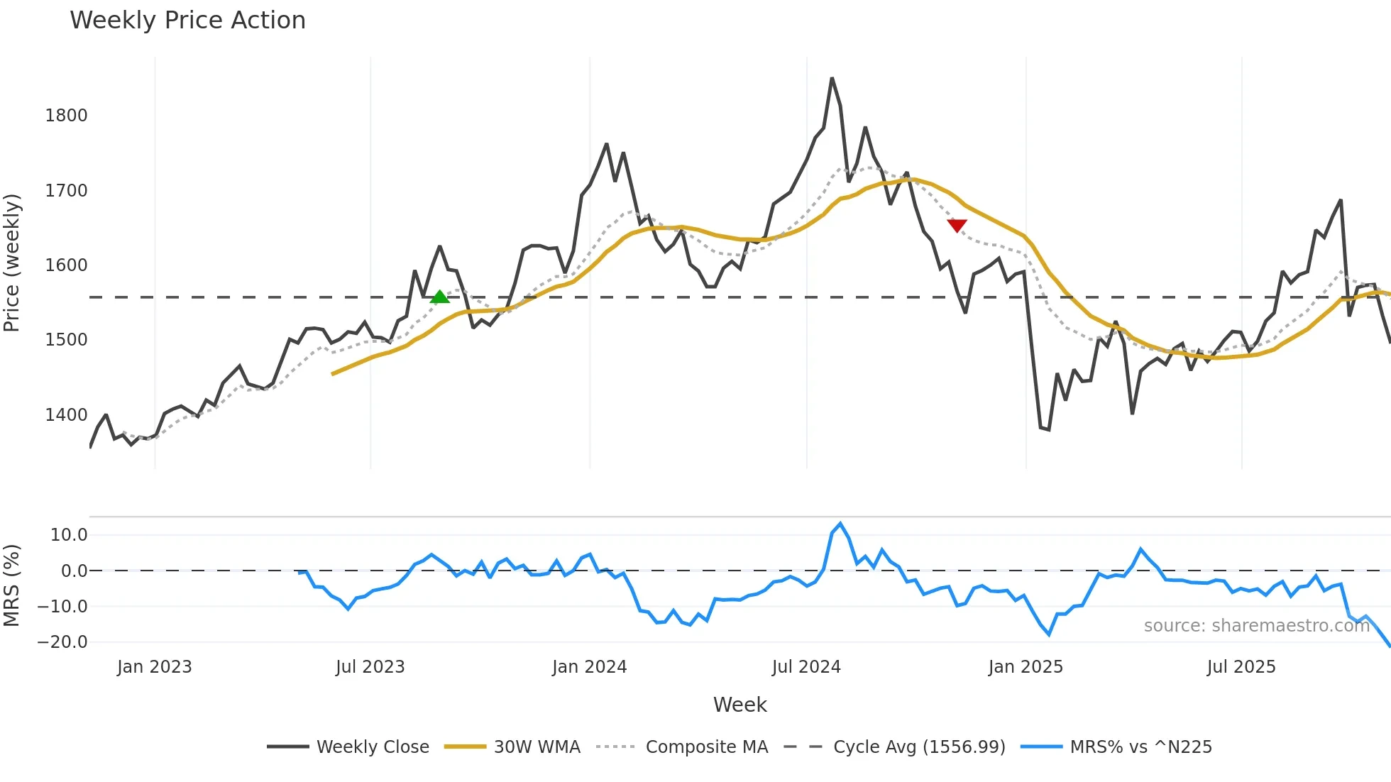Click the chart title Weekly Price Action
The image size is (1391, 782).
(187, 21)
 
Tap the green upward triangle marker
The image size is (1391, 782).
(439, 297)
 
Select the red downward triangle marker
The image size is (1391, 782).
(957, 226)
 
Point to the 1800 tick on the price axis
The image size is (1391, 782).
(66, 116)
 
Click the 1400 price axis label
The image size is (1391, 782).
(66, 415)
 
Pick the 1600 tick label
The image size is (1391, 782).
(66, 265)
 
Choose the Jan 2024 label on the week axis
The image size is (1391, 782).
(589, 667)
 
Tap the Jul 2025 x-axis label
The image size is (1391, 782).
(1241, 667)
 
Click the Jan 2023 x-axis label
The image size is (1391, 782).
(154, 667)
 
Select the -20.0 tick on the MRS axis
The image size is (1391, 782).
(62, 642)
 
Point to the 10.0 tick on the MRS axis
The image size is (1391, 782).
(69, 535)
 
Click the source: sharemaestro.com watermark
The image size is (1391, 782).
(1256, 626)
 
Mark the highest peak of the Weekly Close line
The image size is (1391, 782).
(832, 79)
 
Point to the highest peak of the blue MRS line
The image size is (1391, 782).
(840, 524)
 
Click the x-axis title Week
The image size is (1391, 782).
(740, 705)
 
